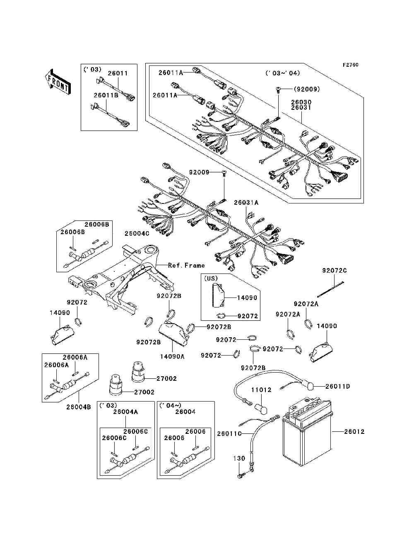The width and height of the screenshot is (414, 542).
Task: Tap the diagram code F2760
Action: pyautogui.click(x=350, y=65)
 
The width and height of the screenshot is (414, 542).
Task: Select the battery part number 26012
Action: pyautogui.click(x=354, y=432)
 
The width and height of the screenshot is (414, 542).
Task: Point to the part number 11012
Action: pyautogui.click(x=261, y=390)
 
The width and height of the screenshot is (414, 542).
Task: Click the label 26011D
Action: pyautogui.click(x=337, y=387)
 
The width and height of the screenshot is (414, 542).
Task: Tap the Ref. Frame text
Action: pyautogui.click(x=186, y=265)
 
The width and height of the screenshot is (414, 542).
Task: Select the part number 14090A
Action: pyautogui.click(x=172, y=356)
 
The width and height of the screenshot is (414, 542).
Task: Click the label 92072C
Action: pyautogui.click(x=335, y=271)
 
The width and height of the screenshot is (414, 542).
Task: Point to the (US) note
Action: pyautogui.click(x=211, y=278)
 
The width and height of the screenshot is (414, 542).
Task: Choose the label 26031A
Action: pyautogui.click(x=246, y=203)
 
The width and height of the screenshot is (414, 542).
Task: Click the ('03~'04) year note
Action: pyautogui.click(x=283, y=73)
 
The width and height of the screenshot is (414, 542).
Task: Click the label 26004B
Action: pyautogui.click(x=78, y=407)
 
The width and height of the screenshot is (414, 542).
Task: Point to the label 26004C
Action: pyautogui.click(x=137, y=234)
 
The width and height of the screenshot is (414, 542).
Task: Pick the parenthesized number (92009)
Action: pyautogui.click(x=307, y=89)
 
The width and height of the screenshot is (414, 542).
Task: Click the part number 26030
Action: pyautogui.click(x=301, y=102)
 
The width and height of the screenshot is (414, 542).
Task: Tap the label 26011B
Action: pyautogui.click(x=106, y=95)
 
